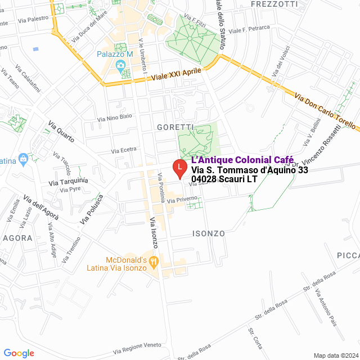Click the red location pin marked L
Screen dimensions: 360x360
click(179, 168)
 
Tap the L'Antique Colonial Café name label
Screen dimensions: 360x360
click(238, 160)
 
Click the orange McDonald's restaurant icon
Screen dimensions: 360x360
click(153, 261)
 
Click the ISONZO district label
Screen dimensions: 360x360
click(208, 233)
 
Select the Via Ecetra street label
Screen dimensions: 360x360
click(124, 150)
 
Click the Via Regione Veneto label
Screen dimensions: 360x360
click(138, 345)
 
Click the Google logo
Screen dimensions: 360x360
click(18, 353)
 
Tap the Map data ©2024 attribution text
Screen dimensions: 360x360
click(336, 355)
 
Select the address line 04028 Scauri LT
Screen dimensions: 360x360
click(224, 179)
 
